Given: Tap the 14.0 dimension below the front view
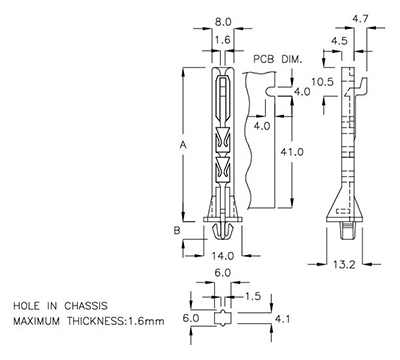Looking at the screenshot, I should [x=222, y=256].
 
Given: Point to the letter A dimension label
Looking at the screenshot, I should [x=182, y=146].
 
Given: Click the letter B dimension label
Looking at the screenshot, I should [x=177, y=230].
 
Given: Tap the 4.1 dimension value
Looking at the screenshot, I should [x=283, y=320].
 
